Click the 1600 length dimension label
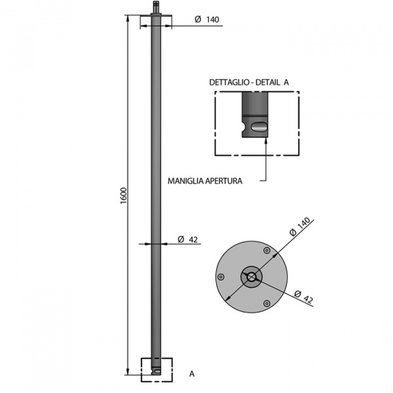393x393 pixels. pyautogui.click(x=124, y=195)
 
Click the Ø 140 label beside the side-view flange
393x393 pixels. pyautogui.click(x=207, y=19)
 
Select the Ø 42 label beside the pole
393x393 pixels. pyautogui.click(x=188, y=239)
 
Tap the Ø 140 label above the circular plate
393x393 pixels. pyautogui.click(x=300, y=227)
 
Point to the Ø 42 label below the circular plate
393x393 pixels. pyautogui.click(x=304, y=297)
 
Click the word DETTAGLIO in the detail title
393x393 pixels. pyautogui.click(x=229, y=83)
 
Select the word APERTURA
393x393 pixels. pyautogui.click(x=224, y=181)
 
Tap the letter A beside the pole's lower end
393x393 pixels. pyautogui.click(x=192, y=374)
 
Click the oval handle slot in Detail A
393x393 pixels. pyautogui.click(x=259, y=126)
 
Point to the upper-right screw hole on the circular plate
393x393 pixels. pyautogui.click(x=267, y=250)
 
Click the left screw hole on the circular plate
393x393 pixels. pyautogui.click(x=221, y=277)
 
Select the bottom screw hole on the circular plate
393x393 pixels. pyautogui.click(x=267, y=304)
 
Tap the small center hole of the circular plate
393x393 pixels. pyautogui.click(x=252, y=277)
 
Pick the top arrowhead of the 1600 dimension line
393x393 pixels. pyautogui.click(x=128, y=19)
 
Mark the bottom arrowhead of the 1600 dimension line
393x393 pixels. pyautogui.click(x=128, y=371)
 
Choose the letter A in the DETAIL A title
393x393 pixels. pyautogui.click(x=286, y=83)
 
